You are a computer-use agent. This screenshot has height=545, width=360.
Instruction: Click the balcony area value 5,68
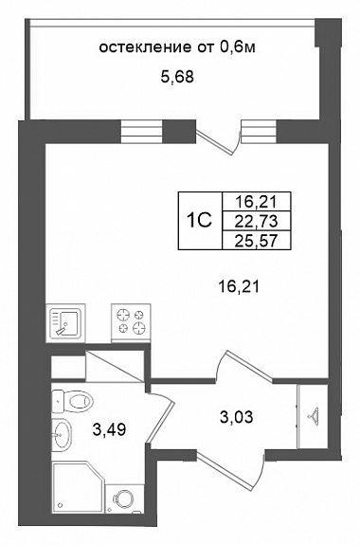point(177,77)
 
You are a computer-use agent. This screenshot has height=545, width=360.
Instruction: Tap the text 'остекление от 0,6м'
point(177,47)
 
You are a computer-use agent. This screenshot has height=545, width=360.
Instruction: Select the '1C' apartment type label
point(199,220)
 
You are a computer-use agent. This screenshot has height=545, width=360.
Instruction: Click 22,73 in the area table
point(257,221)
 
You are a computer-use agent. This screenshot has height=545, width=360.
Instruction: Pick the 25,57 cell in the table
point(257,240)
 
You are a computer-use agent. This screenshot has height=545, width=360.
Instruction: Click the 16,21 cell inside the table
point(257,201)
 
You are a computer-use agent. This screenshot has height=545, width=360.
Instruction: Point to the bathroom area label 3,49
point(109,430)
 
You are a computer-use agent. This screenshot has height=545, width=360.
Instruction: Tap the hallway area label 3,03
point(237,416)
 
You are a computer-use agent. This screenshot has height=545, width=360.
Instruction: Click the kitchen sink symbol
point(65,322)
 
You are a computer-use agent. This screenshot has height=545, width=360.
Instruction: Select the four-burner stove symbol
point(131,321)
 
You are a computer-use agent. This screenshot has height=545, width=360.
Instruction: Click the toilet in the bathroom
point(73,402)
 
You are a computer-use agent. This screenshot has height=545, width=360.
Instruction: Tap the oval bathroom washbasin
point(62,434)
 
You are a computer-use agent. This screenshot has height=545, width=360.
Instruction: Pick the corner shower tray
point(79,487)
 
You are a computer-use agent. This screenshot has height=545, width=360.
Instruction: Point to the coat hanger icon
point(314,414)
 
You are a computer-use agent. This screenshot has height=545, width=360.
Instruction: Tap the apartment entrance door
point(231,469)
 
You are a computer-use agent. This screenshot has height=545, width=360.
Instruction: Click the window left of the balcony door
point(142,132)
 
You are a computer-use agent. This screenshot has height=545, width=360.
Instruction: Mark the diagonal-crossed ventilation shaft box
point(115,366)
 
